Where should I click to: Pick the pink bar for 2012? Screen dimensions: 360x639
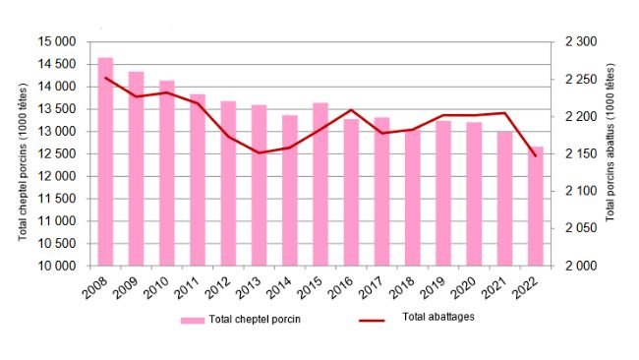coord(228,183)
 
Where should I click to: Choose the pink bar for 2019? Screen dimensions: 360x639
coord(443,193)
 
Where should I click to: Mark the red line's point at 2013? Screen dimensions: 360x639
coord(260,152)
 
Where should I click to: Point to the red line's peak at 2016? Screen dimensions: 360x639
coord(351,110)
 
